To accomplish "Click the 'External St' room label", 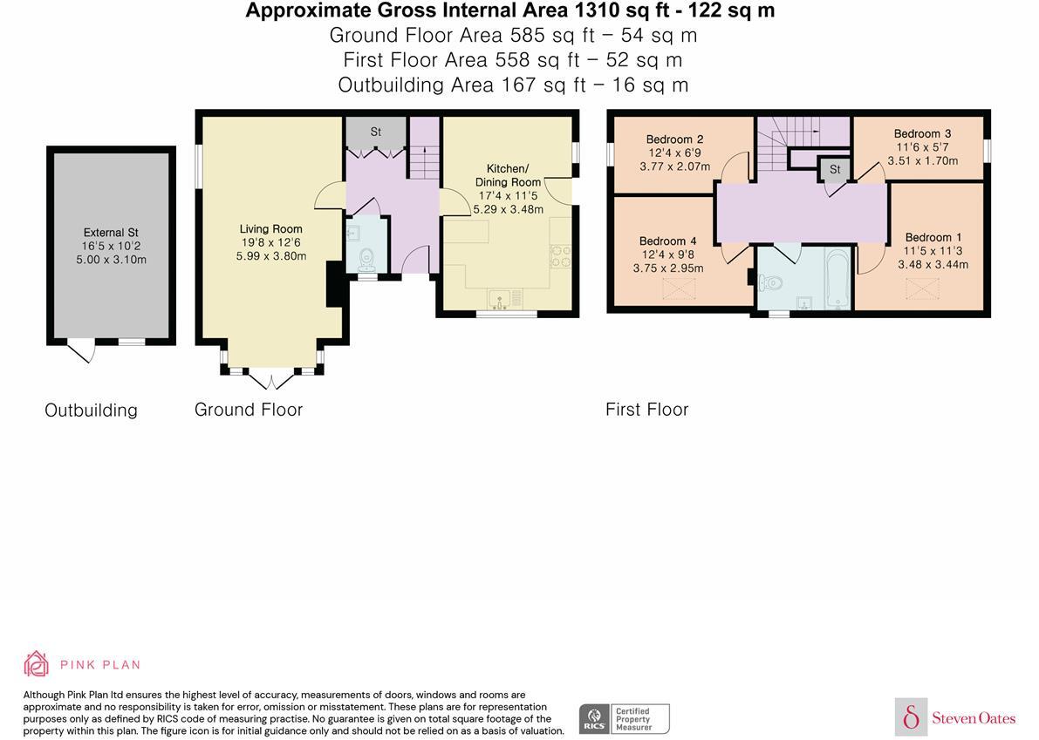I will click(111, 232).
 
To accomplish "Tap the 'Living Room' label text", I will click(271, 229).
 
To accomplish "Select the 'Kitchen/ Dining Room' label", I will click(507, 175).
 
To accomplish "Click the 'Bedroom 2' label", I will click(674, 139).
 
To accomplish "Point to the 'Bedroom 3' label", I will click(922, 134).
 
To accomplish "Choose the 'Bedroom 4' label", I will click(667, 241).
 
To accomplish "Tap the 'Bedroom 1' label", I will click(933, 237).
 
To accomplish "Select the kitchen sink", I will click(502, 301).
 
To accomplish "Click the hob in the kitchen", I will click(558, 258).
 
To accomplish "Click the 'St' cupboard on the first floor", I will click(834, 169).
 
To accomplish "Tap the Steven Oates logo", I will click(955, 717).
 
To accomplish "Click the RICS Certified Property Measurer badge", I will click(624, 718).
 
